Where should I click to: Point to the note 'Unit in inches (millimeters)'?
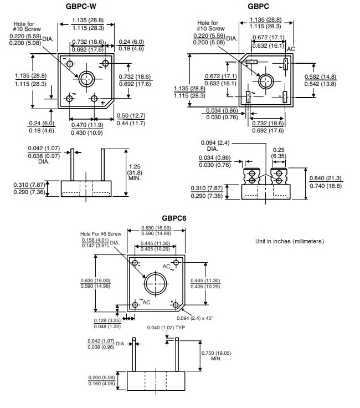tap(290, 242)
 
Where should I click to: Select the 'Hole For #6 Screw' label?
tap(100, 234)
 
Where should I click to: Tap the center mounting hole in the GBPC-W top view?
tap(86, 79)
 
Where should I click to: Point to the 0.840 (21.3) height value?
tap(326, 178)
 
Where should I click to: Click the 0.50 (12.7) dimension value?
tap(131, 115)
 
